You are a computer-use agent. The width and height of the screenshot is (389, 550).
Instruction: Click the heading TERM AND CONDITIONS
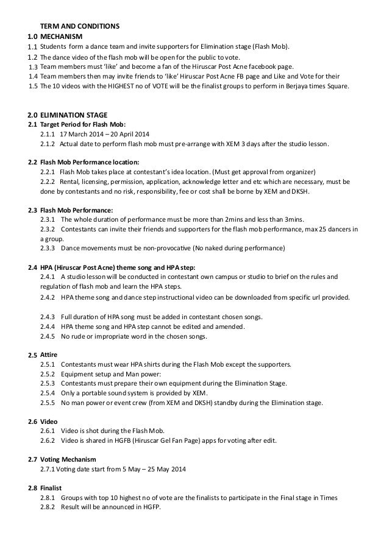[79, 26]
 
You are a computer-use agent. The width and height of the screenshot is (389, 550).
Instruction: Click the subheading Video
[49, 421]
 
